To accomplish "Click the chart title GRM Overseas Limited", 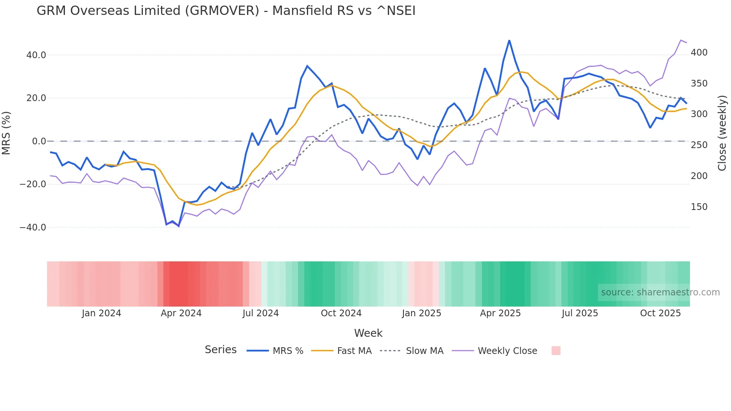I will (226, 11).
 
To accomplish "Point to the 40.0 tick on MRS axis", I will (36, 55).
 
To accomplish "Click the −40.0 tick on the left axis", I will (33, 228).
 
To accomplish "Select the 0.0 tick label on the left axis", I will (39, 141).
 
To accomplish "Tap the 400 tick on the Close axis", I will (699, 53).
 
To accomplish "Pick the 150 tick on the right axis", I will (699, 207).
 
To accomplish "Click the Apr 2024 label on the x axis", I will (181, 313).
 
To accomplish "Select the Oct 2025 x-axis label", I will (660, 313).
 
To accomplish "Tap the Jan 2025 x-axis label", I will (421, 313).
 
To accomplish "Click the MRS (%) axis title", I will (6, 133).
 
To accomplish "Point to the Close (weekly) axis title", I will (722, 133).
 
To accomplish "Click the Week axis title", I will (368, 333).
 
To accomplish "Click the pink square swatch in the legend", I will (556, 351).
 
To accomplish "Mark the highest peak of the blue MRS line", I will (509, 40).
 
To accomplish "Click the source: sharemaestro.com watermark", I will (660, 292).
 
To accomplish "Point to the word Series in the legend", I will (220, 350).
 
